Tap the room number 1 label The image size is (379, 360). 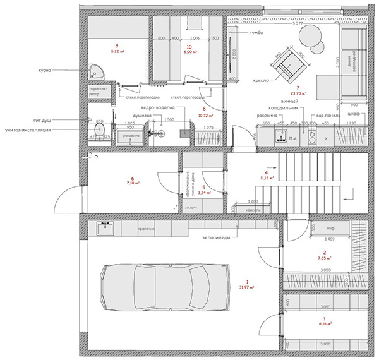(x=248, y=281)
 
